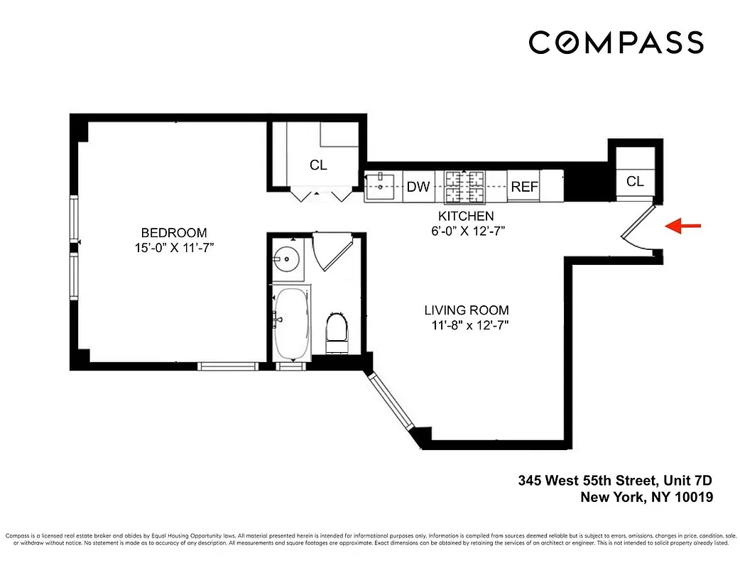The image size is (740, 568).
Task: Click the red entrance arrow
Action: click(682, 226)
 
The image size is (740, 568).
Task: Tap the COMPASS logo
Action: click(616, 42)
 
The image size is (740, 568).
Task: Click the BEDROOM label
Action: click(174, 233)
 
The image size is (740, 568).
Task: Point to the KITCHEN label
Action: click(466, 216)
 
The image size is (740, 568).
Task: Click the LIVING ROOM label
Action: click(467, 310)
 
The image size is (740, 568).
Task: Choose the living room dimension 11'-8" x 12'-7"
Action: click(467, 325)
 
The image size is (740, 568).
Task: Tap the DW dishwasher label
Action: click(418, 187)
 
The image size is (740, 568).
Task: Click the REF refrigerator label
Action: click(525, 187)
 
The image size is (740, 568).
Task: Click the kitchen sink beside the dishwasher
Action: click(382, 187)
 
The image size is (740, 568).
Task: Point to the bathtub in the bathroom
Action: click(291, 323)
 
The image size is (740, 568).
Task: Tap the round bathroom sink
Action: click(289, 258)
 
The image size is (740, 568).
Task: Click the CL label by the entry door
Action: click(635, 182)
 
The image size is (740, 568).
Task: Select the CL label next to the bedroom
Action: click(318, 165)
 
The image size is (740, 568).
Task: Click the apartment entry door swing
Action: click(638, 231)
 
